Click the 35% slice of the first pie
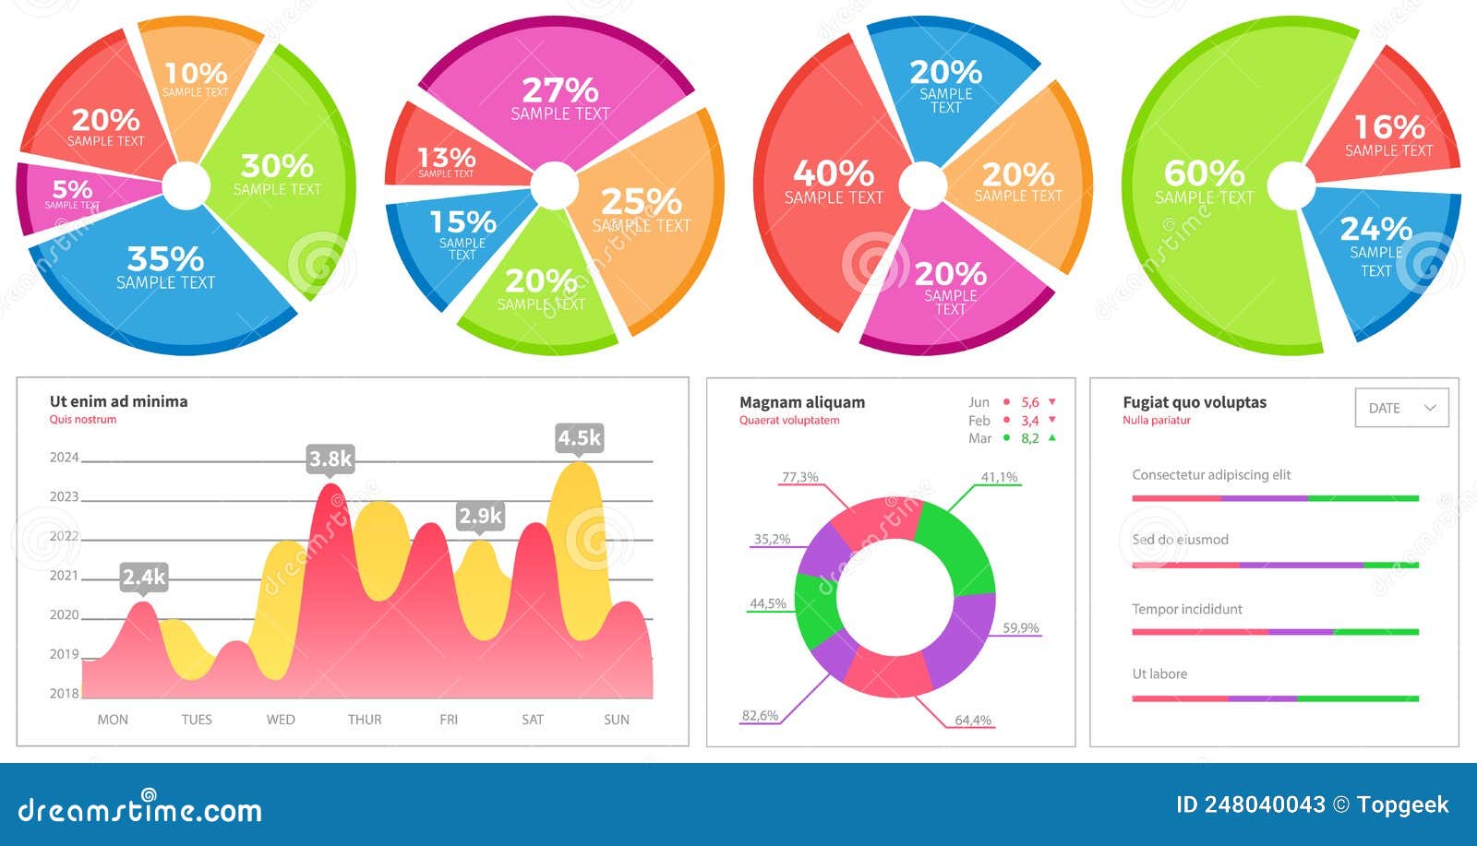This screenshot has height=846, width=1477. click(x=166, y=268)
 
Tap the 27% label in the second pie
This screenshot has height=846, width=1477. click(x=560, y=91)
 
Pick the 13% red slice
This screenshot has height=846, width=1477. click(x=446, y=161)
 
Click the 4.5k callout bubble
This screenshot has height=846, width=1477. click(x=579, y=437)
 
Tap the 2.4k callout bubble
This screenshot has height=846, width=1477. click(x=144, y=577)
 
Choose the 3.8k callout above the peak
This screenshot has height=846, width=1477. click(x=330, y=459)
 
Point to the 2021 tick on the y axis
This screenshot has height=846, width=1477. click(x=64, y=576)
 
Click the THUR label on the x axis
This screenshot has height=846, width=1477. click(x=365, y=720)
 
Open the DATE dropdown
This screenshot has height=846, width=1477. click(x=1401, y=408)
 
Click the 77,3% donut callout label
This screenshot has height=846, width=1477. click(x=799, y=477)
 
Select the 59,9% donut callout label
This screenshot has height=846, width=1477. click(x=1020, y=628)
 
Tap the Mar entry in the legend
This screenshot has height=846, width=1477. click(x=980, y=438)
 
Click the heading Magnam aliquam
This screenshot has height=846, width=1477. click(x=801, y=402)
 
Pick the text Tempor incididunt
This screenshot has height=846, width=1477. click(x=1186, y=609)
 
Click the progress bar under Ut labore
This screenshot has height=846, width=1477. click(x=1274, y=698)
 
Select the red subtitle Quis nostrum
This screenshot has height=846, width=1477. click(x=83, y=420)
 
